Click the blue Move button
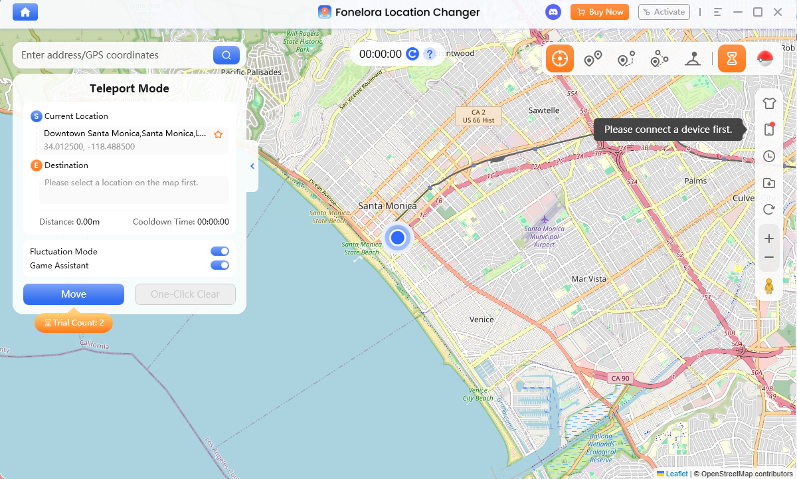click(x=74, y=294)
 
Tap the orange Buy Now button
click(x=599, y=12)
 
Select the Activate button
click(x=664, y=12)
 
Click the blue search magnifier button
click(x=226, y=55)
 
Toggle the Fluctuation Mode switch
click(x=220, y=251)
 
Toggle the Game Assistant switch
click(x=220, y=265)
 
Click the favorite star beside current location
click(x=218, y=134)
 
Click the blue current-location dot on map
click(x=398, y=237)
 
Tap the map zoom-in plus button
click(x=769, y=238)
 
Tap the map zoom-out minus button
click(x=769, y=257)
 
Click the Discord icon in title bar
click(x=553, y=12)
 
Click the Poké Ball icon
click(x=765, y=59)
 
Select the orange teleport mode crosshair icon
click(x=560, y=59)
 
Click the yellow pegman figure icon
click(x=769, y=286)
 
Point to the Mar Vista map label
click(x=589, y=279)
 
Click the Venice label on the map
click(x=482, y=320)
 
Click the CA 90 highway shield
click(x=620, y=378)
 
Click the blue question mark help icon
click(x=430, y=54)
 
